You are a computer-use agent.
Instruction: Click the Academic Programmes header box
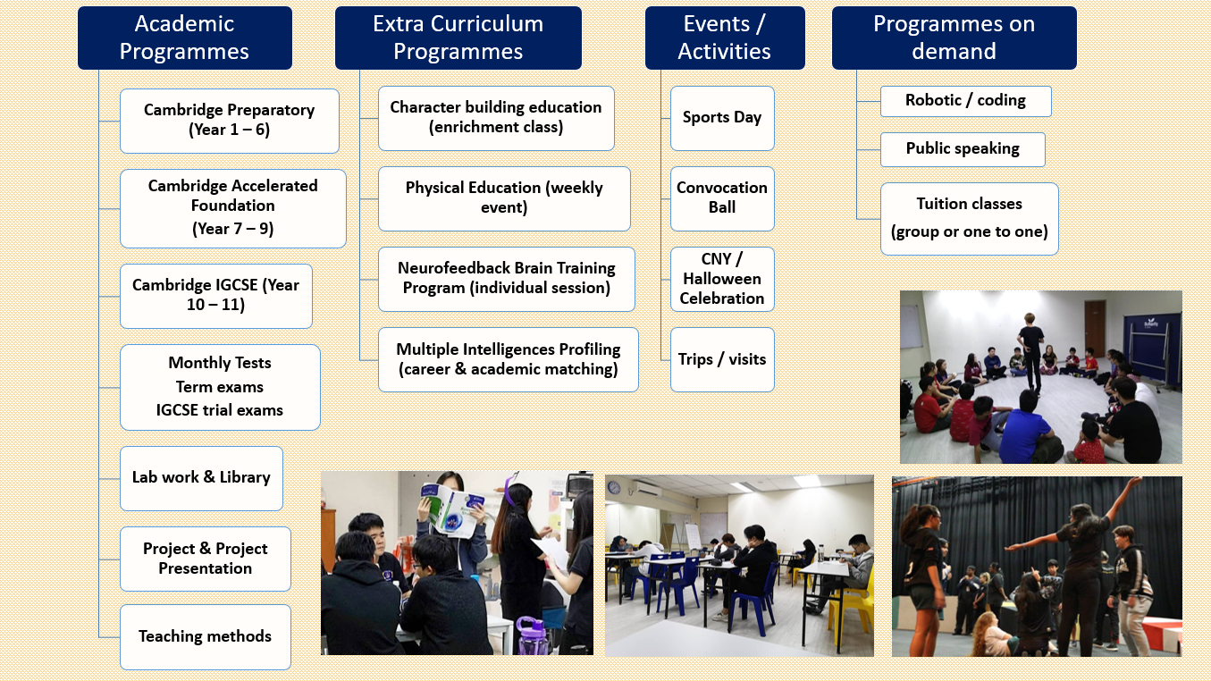tap(185, 38)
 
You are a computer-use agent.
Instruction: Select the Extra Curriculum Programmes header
tap(458, 38)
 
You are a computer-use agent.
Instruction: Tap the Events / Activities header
tap(725, 38)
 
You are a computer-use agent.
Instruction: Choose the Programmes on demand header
tap(955, 38)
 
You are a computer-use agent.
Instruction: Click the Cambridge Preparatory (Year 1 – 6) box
tap(229, 121)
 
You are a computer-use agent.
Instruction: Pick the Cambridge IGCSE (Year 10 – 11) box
tap(215, 296)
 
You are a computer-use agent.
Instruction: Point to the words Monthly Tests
tap(220, 363)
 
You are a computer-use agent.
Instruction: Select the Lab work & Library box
tap(201, 478)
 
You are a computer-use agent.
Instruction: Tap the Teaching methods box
tap(205, 636)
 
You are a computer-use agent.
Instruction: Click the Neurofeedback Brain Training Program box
tap(507, 279)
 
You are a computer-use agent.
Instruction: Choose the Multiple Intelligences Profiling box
tap(509, 359)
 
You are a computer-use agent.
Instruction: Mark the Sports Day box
tap(722, 118)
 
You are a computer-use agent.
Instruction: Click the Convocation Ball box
tap(722, 198)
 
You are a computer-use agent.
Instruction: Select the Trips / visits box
tap(722, 359)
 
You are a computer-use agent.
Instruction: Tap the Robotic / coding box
tap(965, 101)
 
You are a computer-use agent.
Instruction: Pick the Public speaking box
tap(963, 149)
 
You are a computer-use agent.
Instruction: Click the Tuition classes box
tap(970, 218)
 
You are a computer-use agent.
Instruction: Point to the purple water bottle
tap(533, 635)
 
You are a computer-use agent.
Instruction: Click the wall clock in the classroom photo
tap(614, 487)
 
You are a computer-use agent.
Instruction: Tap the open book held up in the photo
tap(452, 509)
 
